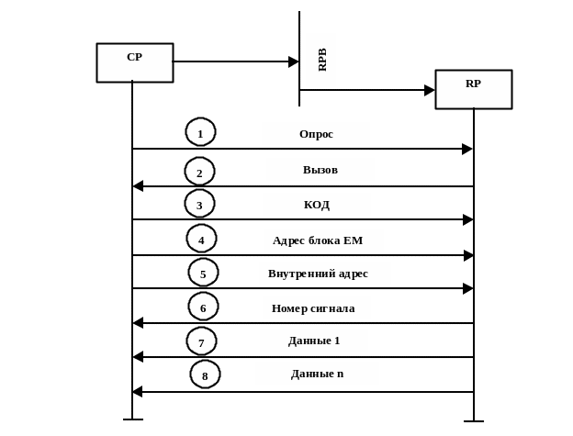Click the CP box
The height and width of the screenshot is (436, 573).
[x=135, y=62]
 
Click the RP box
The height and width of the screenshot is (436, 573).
[x=473, y=89]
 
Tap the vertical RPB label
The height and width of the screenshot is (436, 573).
[x=321, y=60]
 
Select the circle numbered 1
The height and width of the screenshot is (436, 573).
[x=200, y=132]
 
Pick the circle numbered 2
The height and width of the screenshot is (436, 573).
[x=199, y=172]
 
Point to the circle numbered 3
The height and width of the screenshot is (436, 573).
[x=199, y=204]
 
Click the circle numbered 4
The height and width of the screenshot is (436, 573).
[x=201, y=239]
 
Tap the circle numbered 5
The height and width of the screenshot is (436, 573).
[x=203, y=273]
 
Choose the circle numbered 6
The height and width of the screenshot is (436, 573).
[x=203, y=307]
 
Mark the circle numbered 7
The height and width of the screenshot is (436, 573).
[x=201, y=341]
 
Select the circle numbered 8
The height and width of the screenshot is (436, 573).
[x=205, y=375]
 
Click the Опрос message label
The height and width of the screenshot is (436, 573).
[x=316, y=134]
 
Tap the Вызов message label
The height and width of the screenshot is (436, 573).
[x=320, y=170]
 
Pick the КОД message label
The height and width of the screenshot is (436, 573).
[x=317, y=204]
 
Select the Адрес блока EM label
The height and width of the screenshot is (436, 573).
[x=323, y=240]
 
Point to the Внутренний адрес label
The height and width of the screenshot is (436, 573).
[x=324, y=274]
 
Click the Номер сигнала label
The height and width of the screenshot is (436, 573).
[x=316, y=307]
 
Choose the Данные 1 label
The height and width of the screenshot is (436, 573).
[x=314, y=341]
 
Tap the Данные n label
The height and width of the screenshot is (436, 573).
[x=317, y=374]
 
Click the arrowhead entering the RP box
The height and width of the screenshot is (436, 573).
[x=429, y=90]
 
